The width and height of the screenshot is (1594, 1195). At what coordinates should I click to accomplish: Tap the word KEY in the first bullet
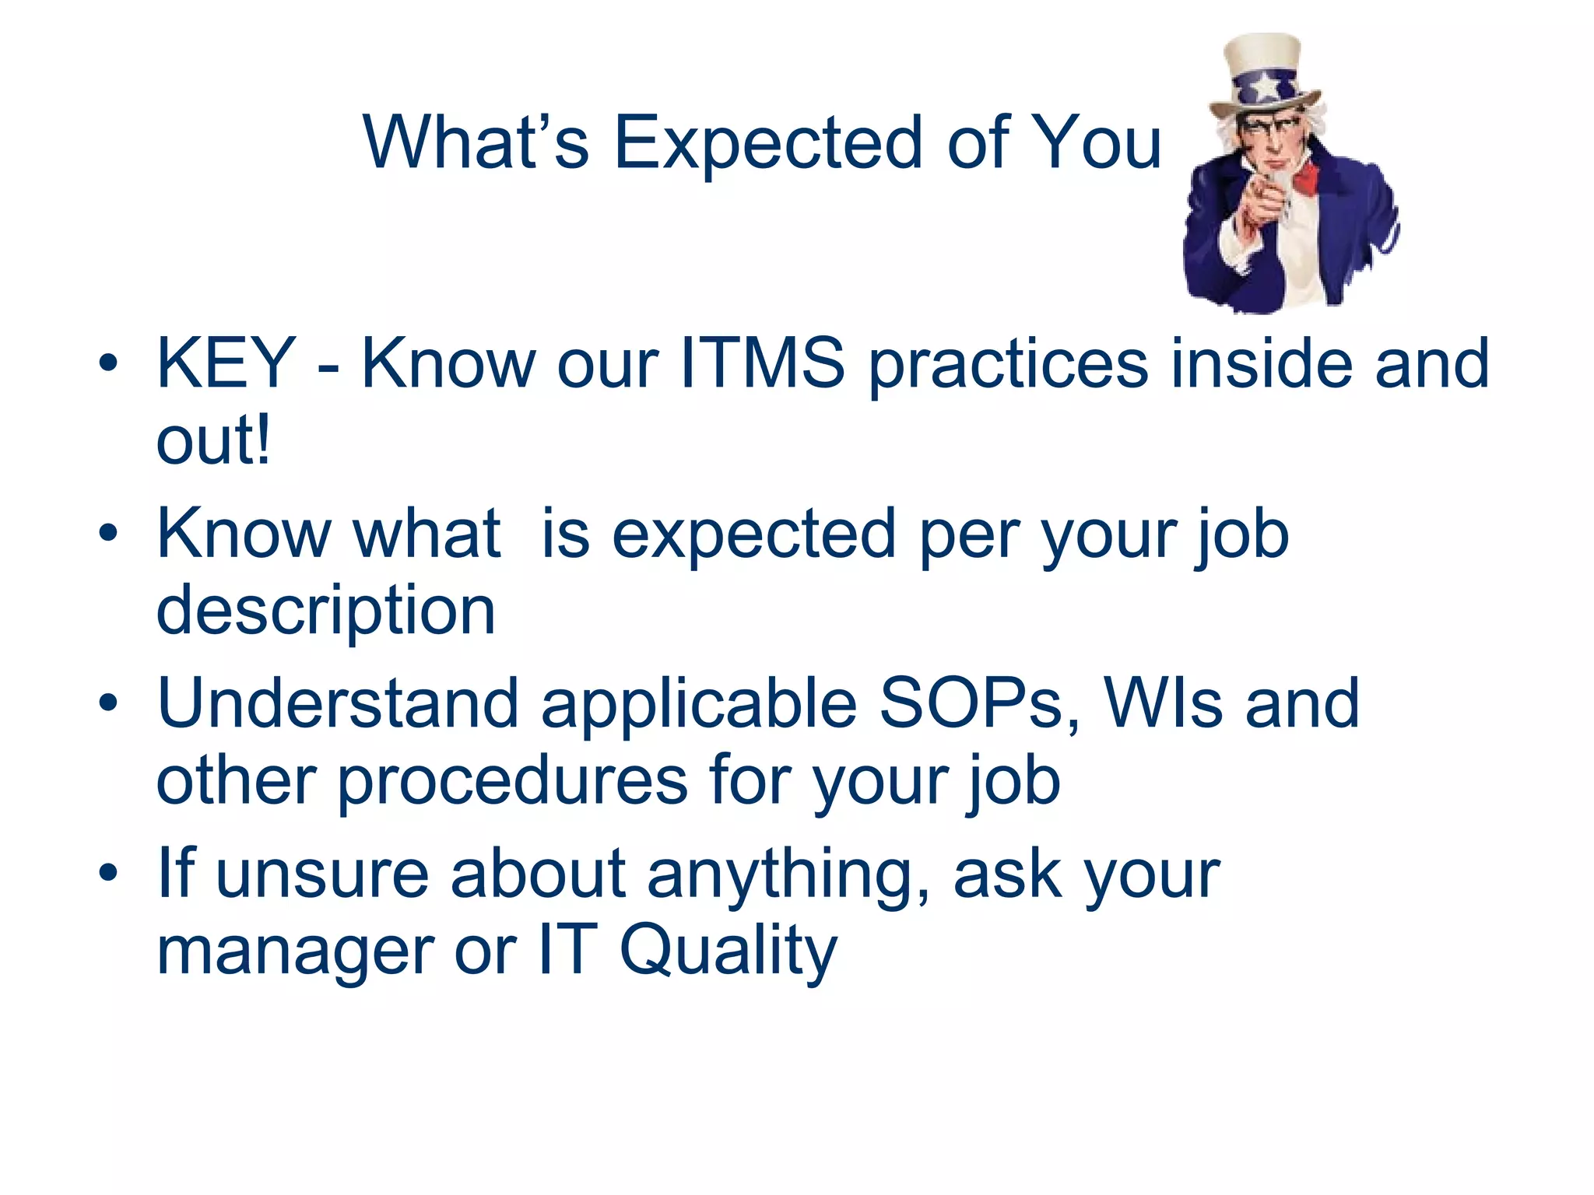(x=226, y=363)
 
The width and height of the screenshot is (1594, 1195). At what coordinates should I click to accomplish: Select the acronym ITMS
(x=762, y=363)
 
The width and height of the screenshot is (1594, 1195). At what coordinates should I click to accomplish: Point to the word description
(x=325, y=611)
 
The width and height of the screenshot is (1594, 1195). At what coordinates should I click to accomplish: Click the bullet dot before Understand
(x=108, y=703)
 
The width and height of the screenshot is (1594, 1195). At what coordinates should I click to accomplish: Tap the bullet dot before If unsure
(x=108, y=873)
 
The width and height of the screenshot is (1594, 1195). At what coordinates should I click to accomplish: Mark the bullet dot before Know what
(x=108, y=534)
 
